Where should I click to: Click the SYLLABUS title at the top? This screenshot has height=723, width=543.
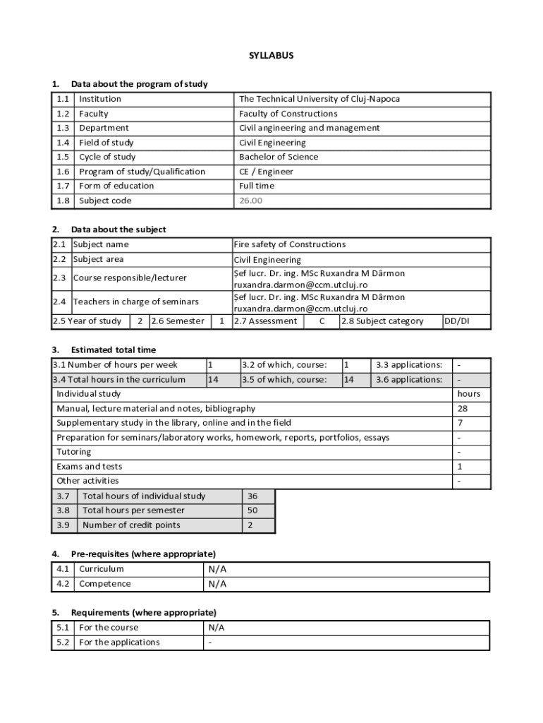271,54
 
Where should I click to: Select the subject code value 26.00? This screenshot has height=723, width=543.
250,201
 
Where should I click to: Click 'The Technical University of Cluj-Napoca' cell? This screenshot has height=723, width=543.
319,99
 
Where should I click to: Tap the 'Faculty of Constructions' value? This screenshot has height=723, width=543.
288,114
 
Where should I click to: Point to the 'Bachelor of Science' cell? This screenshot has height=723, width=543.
278,157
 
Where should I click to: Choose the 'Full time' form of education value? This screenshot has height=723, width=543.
257,186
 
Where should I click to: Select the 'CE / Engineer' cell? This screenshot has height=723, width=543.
266,172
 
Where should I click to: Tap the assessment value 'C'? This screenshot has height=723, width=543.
322,321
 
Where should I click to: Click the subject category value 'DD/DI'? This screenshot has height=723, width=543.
456,321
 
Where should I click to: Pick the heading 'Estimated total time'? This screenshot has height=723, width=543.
114,349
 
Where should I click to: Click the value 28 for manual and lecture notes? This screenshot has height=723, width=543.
463,408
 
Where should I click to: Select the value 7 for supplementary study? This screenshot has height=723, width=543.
460,423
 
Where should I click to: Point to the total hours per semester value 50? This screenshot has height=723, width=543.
252,510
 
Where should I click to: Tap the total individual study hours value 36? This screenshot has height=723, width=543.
252,496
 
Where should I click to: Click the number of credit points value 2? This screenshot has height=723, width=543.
250,525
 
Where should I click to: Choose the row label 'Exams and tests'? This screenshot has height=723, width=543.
90,466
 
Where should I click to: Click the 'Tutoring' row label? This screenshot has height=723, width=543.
74,452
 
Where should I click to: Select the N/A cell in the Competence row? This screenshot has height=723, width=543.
217,584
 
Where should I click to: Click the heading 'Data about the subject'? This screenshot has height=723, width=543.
118,229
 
